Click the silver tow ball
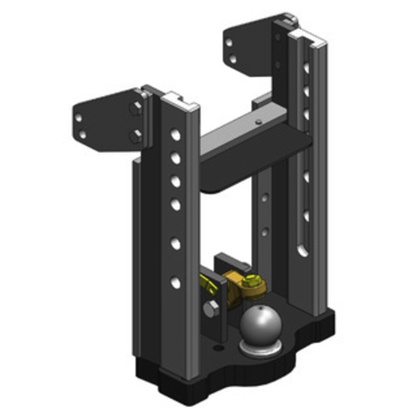pos(261,324)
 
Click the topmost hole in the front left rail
pos(175,135)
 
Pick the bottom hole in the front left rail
pos(175,283)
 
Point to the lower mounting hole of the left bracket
pos(82,134)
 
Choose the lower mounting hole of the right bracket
pos(233,58)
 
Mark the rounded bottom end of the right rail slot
pos(303,253)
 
